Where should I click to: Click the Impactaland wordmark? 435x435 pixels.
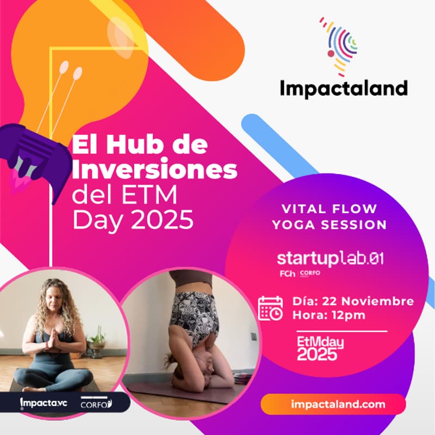tap(344, 88)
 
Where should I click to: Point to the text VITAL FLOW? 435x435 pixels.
tap(330, 209)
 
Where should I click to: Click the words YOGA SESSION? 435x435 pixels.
tap(330, 225)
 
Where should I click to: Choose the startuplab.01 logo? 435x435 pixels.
tap(330, 258)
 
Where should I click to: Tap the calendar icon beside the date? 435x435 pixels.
tap(270, 308)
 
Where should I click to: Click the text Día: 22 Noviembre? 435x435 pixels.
tap(353, 301)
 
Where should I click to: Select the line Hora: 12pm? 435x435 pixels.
tap(328, 315)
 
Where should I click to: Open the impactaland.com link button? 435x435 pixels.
tap(333, 404)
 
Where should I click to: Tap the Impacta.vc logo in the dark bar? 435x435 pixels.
tap(42, 403)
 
